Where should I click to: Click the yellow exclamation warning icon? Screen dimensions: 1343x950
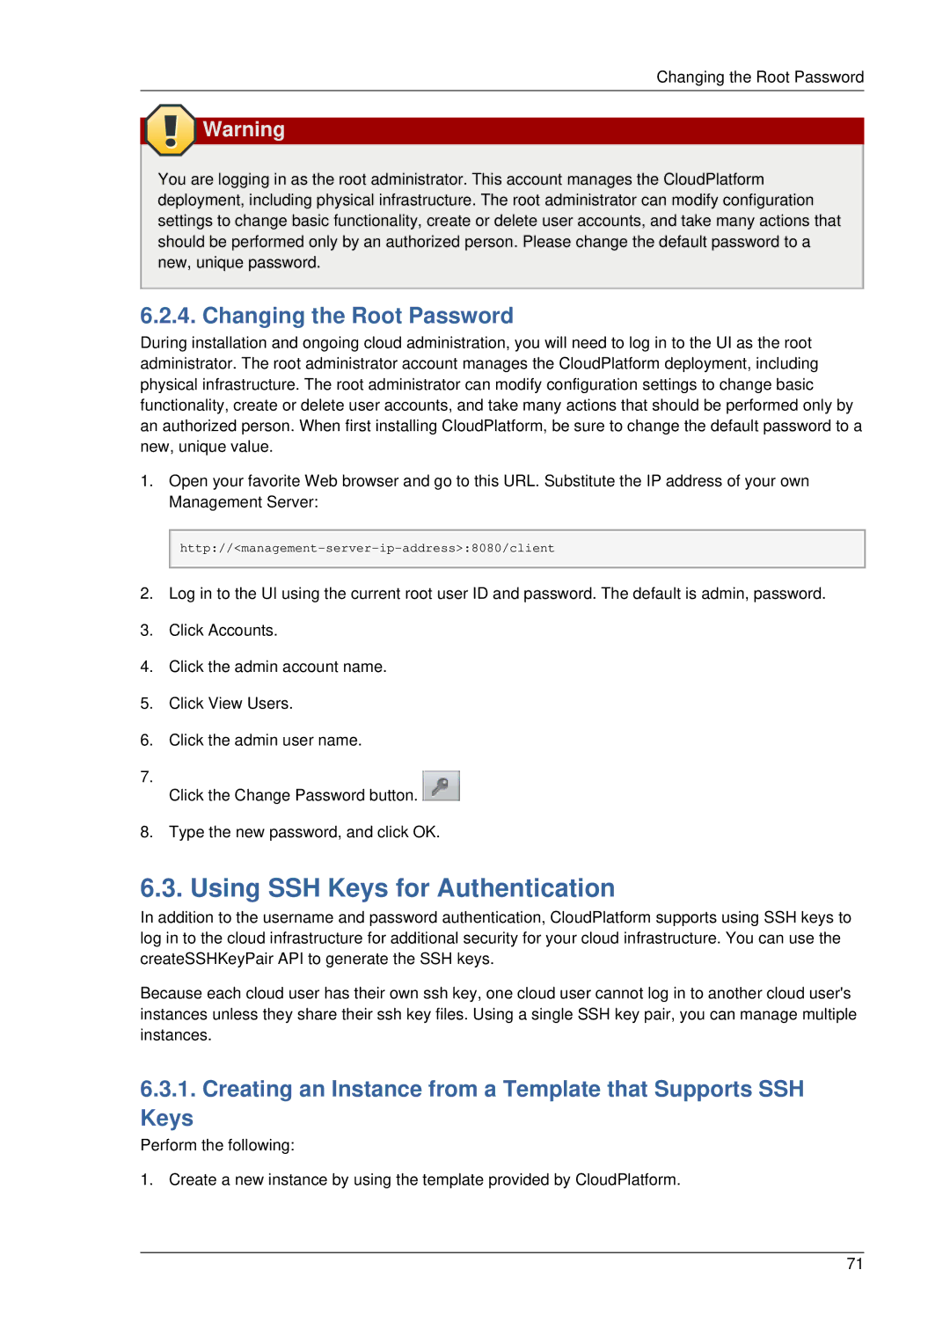pos(170,130)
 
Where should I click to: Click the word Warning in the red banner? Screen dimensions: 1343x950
pos(244,130)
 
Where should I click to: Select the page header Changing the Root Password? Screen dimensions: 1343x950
pos(759,77)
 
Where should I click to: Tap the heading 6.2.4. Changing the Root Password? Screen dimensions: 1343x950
pos(326,316)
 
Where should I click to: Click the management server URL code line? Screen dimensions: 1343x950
pos(367,549)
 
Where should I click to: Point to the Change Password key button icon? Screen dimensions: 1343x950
pos(441,785)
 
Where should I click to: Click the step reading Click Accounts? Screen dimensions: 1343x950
pos(223,631)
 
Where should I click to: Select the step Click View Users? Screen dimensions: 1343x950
pos(230,704)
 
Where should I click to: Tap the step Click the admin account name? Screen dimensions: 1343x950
pos(277,667)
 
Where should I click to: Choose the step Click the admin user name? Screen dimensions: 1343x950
pos(265,741)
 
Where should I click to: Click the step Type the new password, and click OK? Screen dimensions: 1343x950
pos(303,832)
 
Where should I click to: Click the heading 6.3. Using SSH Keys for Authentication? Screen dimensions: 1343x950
pos(377,888)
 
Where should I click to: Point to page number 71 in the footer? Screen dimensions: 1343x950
pos(854,1264)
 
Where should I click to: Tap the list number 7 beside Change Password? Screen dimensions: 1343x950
pos(146,777)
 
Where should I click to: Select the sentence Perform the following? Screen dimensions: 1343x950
pos(217,1145)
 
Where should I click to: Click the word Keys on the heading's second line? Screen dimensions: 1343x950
pos(166,1118)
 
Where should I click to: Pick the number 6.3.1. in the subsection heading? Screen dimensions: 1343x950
pos(167,1089)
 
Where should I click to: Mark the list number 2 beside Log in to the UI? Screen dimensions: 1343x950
pos(146,594)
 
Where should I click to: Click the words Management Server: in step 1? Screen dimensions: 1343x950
pos(243,502)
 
